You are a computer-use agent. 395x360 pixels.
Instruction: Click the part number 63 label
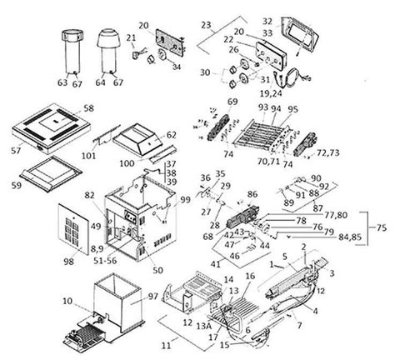pyautogui.click(x=61, y=82)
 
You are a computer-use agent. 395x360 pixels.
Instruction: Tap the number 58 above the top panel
pyautogui.click(x=88, y=108)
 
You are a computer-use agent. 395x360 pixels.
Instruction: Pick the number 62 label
pyautogui.click(x=172, y=133)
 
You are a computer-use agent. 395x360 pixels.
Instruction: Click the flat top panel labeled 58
pyautogui.click(x=54, y=125)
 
